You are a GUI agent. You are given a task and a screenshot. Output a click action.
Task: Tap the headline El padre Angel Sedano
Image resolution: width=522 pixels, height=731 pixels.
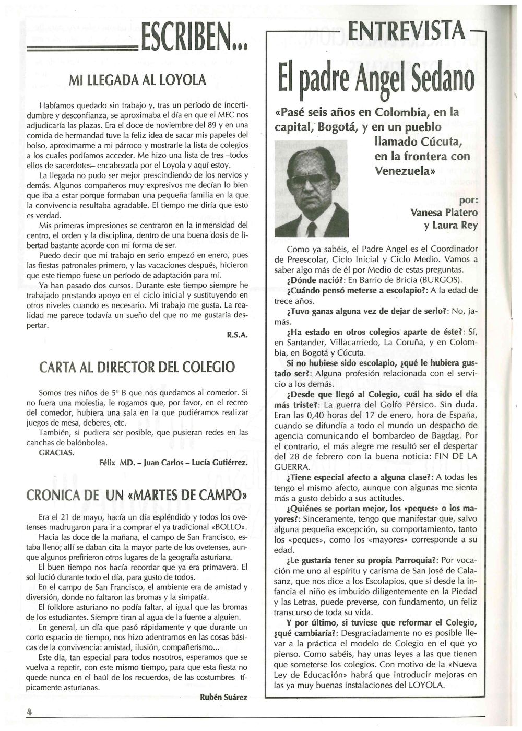click(376, 78)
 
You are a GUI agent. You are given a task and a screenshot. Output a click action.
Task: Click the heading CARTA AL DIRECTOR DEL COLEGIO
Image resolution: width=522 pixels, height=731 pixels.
click(137, 367)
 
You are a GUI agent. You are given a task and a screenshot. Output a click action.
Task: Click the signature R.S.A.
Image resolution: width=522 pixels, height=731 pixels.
click(237, 336)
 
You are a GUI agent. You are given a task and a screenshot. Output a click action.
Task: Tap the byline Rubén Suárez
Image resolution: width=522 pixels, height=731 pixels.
click(223, 697)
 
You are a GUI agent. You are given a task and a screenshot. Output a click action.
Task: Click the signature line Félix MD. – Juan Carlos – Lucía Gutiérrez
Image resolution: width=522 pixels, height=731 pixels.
click(173, 463)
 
